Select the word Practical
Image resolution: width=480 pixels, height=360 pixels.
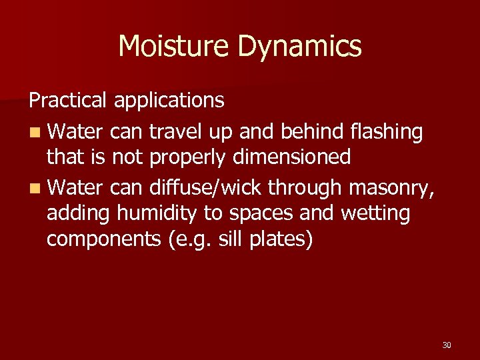[67, 101]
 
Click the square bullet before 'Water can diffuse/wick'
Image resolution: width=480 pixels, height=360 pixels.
[34, 189]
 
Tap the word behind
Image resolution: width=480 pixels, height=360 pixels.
[316, 133]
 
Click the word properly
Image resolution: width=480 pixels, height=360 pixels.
[182, 158]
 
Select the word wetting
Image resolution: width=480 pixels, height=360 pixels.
[377, 215]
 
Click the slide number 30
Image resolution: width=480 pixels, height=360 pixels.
[447, 345]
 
